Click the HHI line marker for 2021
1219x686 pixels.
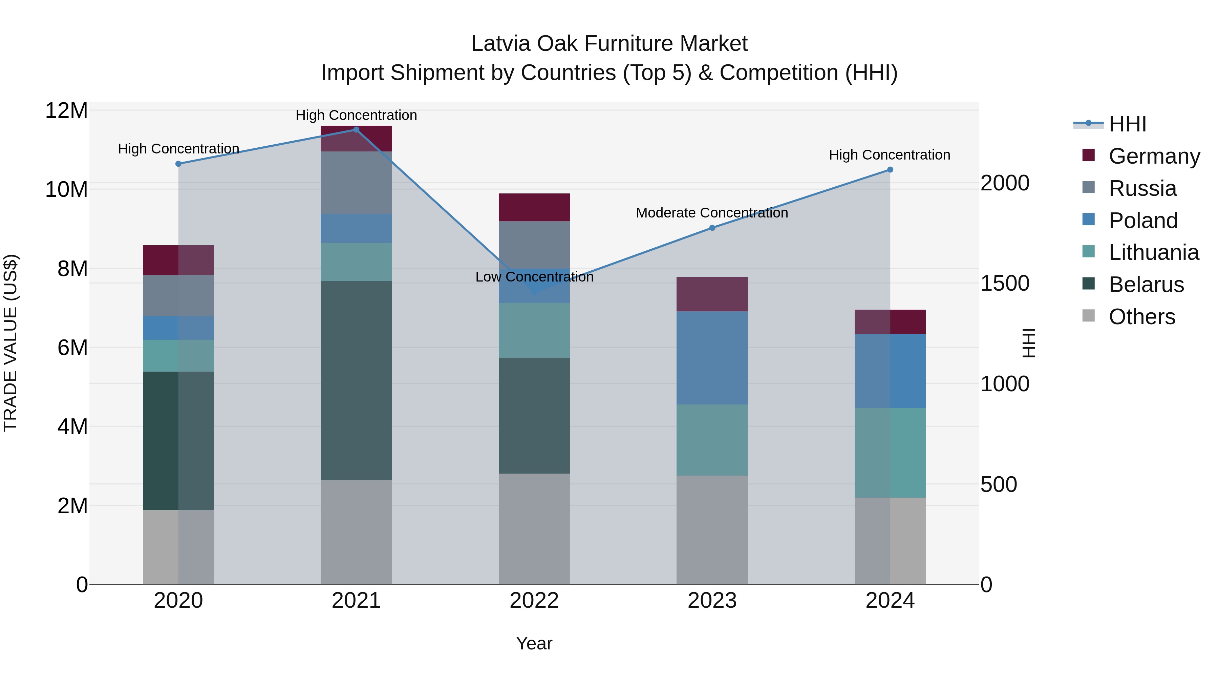click(x=356, y=130)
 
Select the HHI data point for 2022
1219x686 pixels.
click(x=534, y=292)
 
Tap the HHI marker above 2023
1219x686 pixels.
click(x=712, y=228)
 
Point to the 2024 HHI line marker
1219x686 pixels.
click(x=890, y=169)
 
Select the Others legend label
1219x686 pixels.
click(x=1142, y=317)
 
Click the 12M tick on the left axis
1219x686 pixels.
click(x=66, y=111)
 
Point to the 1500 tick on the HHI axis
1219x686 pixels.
click(x=1005, y=283)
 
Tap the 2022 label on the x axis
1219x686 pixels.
click(x=534, y=601)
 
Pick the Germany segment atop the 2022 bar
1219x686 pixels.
click(x=534, y=207)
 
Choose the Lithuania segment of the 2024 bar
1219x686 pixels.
click(x=890, y=452)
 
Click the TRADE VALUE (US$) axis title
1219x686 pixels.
click(x=10, y=343)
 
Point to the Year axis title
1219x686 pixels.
click(x=534, y=643)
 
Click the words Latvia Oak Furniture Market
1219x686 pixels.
click(x=609, y=44)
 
